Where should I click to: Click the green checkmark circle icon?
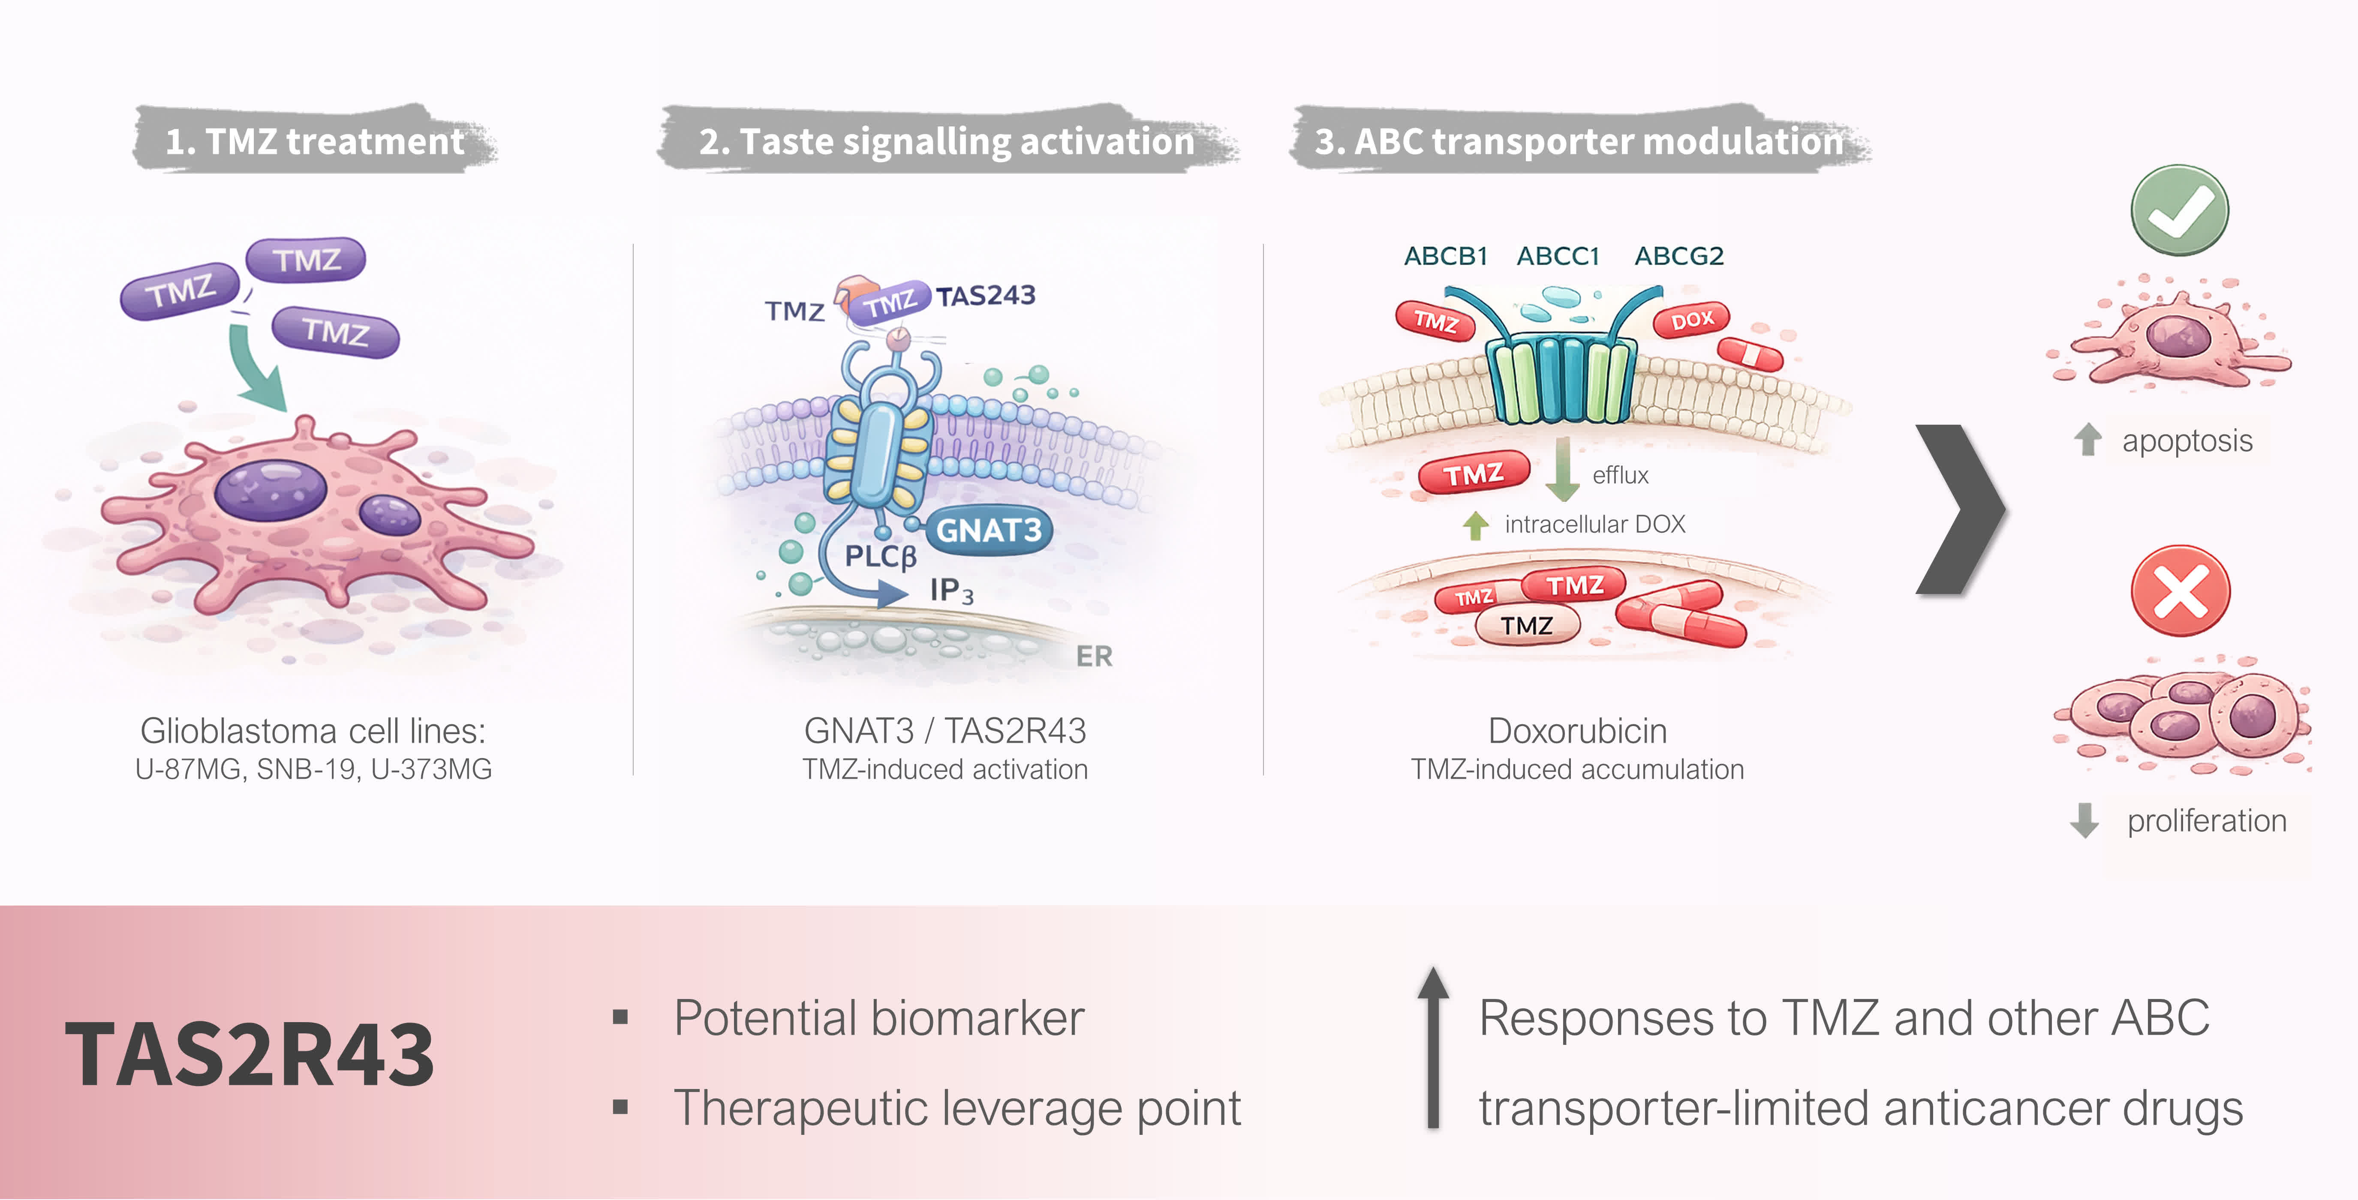(2180, 210)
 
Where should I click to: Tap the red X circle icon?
(2180, 591)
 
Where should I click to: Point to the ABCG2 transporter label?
(1679, 256)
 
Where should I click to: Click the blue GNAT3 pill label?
(989, 530)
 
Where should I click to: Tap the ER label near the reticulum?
(1094, 656)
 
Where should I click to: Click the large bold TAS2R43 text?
(250, 1056)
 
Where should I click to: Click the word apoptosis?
(2187, 441)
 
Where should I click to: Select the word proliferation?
(2206, 821)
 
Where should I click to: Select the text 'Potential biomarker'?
(879, 1018)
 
